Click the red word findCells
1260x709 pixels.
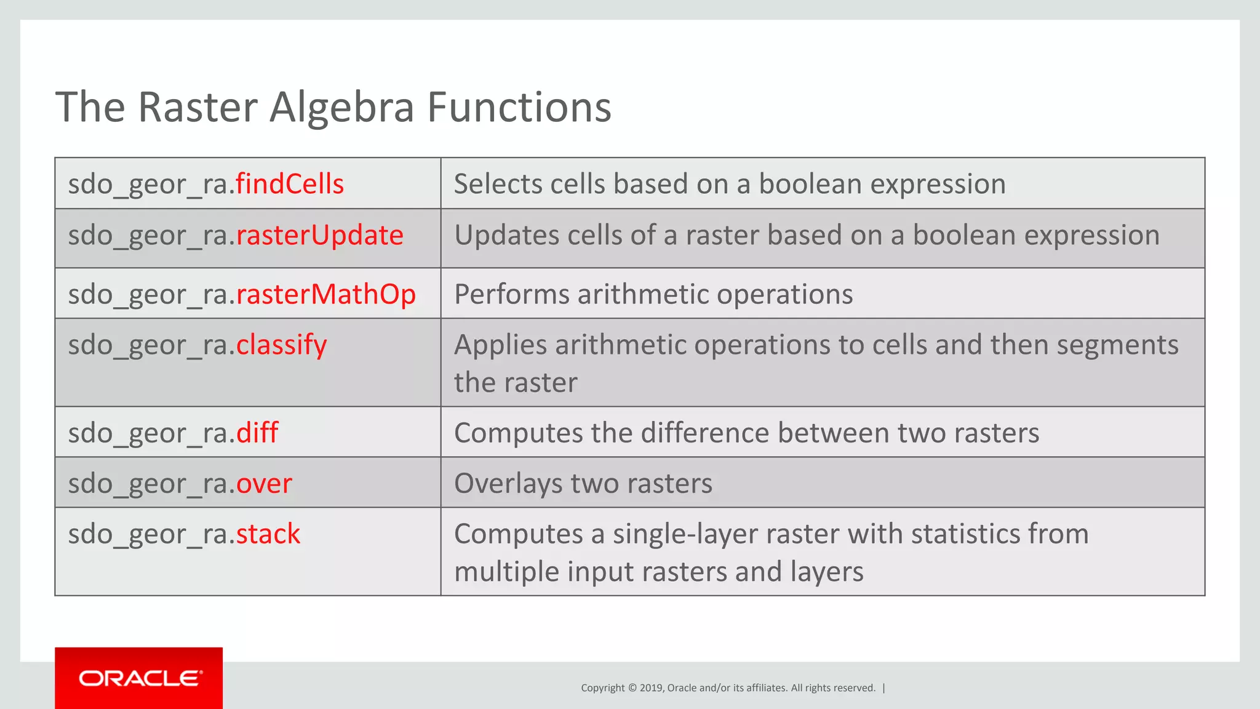[290, 184]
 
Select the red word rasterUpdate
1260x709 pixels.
[320, 235]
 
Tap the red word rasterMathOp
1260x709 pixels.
[326, 294]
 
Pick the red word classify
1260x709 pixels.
[282, 345]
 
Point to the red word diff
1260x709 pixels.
[257, 433]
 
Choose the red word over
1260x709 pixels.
[264, 483]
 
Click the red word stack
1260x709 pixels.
[268, 534]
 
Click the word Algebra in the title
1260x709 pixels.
[342, 107]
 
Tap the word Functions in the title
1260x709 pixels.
[519, 107]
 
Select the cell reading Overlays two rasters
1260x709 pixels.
[583, 483]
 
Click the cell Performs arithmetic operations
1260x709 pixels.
[653, 294]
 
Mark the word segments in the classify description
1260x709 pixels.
[1117, 345]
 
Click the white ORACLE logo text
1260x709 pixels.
[140, 678]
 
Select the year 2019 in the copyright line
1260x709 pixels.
[651, 688]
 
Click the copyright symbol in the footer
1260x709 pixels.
[632, 688]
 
